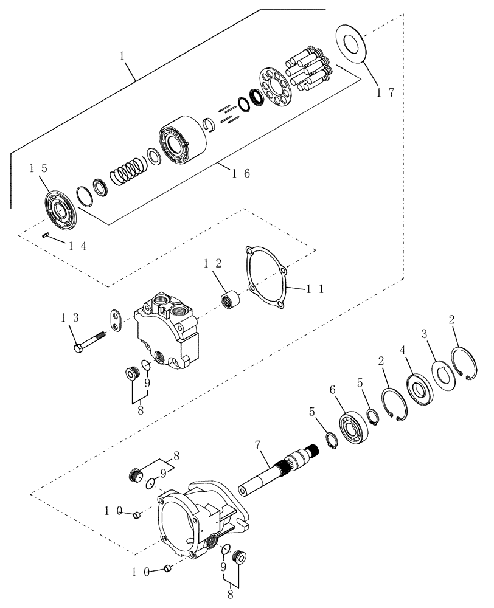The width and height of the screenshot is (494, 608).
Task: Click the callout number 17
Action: tap(384, 93)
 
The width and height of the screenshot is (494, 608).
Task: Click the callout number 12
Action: tap(212, 264)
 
